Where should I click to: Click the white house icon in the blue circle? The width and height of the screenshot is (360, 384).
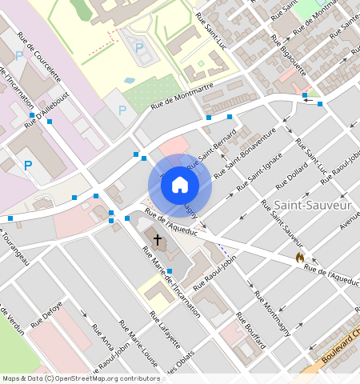[x=180, y=186]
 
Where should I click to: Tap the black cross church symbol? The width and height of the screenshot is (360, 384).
[x=158, y=238]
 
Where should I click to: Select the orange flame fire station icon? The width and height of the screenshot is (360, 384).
[x=299, y=257]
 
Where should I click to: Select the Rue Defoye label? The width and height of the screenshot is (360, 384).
[x=47, y=325]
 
